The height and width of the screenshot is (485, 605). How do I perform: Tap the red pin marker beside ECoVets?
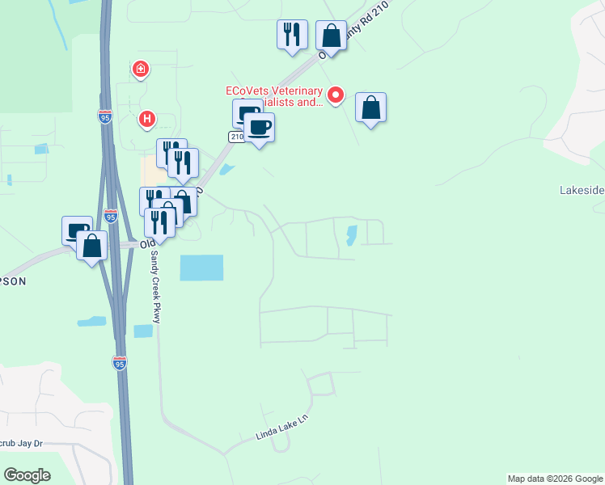pyautogui.click(x=336, y=95)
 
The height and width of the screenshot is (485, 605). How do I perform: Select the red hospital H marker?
pyautogui.click(x=146, y=120)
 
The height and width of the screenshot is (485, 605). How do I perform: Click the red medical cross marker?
pyautogui.click(x=142, y=70)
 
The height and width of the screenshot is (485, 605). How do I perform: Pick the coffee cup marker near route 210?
pyautogui.click(x=259, y=128)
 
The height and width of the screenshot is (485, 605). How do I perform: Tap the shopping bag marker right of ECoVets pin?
pyautogui.click(x=370, y=107)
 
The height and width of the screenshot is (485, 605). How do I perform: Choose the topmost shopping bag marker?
pyautogui.click(x=331, y=36)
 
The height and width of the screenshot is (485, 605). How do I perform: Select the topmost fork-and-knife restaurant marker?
pyautogui.click(x=292, y=35)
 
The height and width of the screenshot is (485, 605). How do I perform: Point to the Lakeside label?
pyautogui.click(x=582, y=191)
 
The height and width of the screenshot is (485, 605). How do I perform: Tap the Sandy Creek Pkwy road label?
pyautogui.click(x=154, y=286)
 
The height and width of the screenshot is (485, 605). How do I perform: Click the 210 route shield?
pyautogui.click(x=236, y=137)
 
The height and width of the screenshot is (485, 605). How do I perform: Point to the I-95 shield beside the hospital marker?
pyautogui.click(x=105, y=117)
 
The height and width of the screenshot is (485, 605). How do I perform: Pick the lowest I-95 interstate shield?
pyautogui.click(x=120, y=363)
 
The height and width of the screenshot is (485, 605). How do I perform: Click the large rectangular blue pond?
pyautogui.click(x=201, y=268)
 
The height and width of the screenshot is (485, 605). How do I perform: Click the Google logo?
pyautogui.click(x=27, y=475)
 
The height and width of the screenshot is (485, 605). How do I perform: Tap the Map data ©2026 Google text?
pyautogui.click(x=555, y=479)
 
